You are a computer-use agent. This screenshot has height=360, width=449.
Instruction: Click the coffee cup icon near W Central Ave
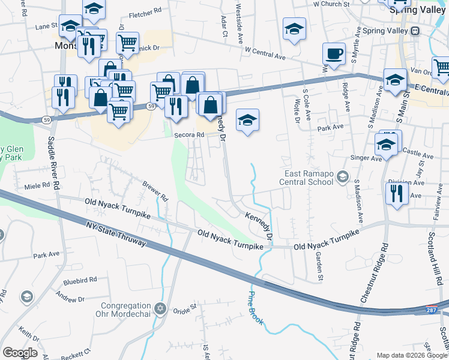(x=334, y=53)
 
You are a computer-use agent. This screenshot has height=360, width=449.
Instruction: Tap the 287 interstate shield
(x=432, y=310)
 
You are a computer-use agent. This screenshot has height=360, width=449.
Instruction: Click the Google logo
(x=20, y=352)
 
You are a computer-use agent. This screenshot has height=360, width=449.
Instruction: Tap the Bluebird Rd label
(x=80, y=280)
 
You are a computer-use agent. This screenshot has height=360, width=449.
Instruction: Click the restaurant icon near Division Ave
(x=397, y=194)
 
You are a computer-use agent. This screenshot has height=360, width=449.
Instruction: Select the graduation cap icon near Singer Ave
(x=386, y=145)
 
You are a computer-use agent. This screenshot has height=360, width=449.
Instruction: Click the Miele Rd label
(x=37, y=187)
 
